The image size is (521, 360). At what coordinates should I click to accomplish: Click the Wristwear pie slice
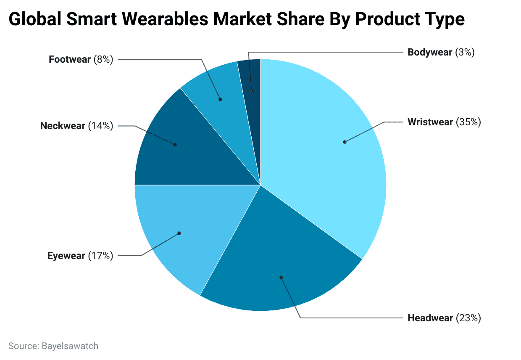coord(328,160)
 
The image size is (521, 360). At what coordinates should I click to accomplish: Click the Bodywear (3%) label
coord(441,53)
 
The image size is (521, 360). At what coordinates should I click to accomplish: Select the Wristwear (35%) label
coord(444,122)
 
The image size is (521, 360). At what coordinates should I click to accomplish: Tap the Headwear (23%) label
coord(444,318)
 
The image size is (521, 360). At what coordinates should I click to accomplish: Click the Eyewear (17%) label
coord(80,256)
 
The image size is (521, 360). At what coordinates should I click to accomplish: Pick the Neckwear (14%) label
coord(76,126)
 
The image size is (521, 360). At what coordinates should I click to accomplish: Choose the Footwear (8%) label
coord(81,59)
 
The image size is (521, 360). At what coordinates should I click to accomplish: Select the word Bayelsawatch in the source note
coord(70,346)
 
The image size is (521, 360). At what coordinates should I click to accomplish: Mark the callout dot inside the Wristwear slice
coord(345,142)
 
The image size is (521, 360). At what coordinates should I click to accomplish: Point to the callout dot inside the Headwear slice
coord(281,278)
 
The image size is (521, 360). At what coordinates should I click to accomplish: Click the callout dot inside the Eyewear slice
coord(179,233)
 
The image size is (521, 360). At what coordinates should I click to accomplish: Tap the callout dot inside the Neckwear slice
coord(175,145)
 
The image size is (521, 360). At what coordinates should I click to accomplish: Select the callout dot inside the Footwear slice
coord(220,100)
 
